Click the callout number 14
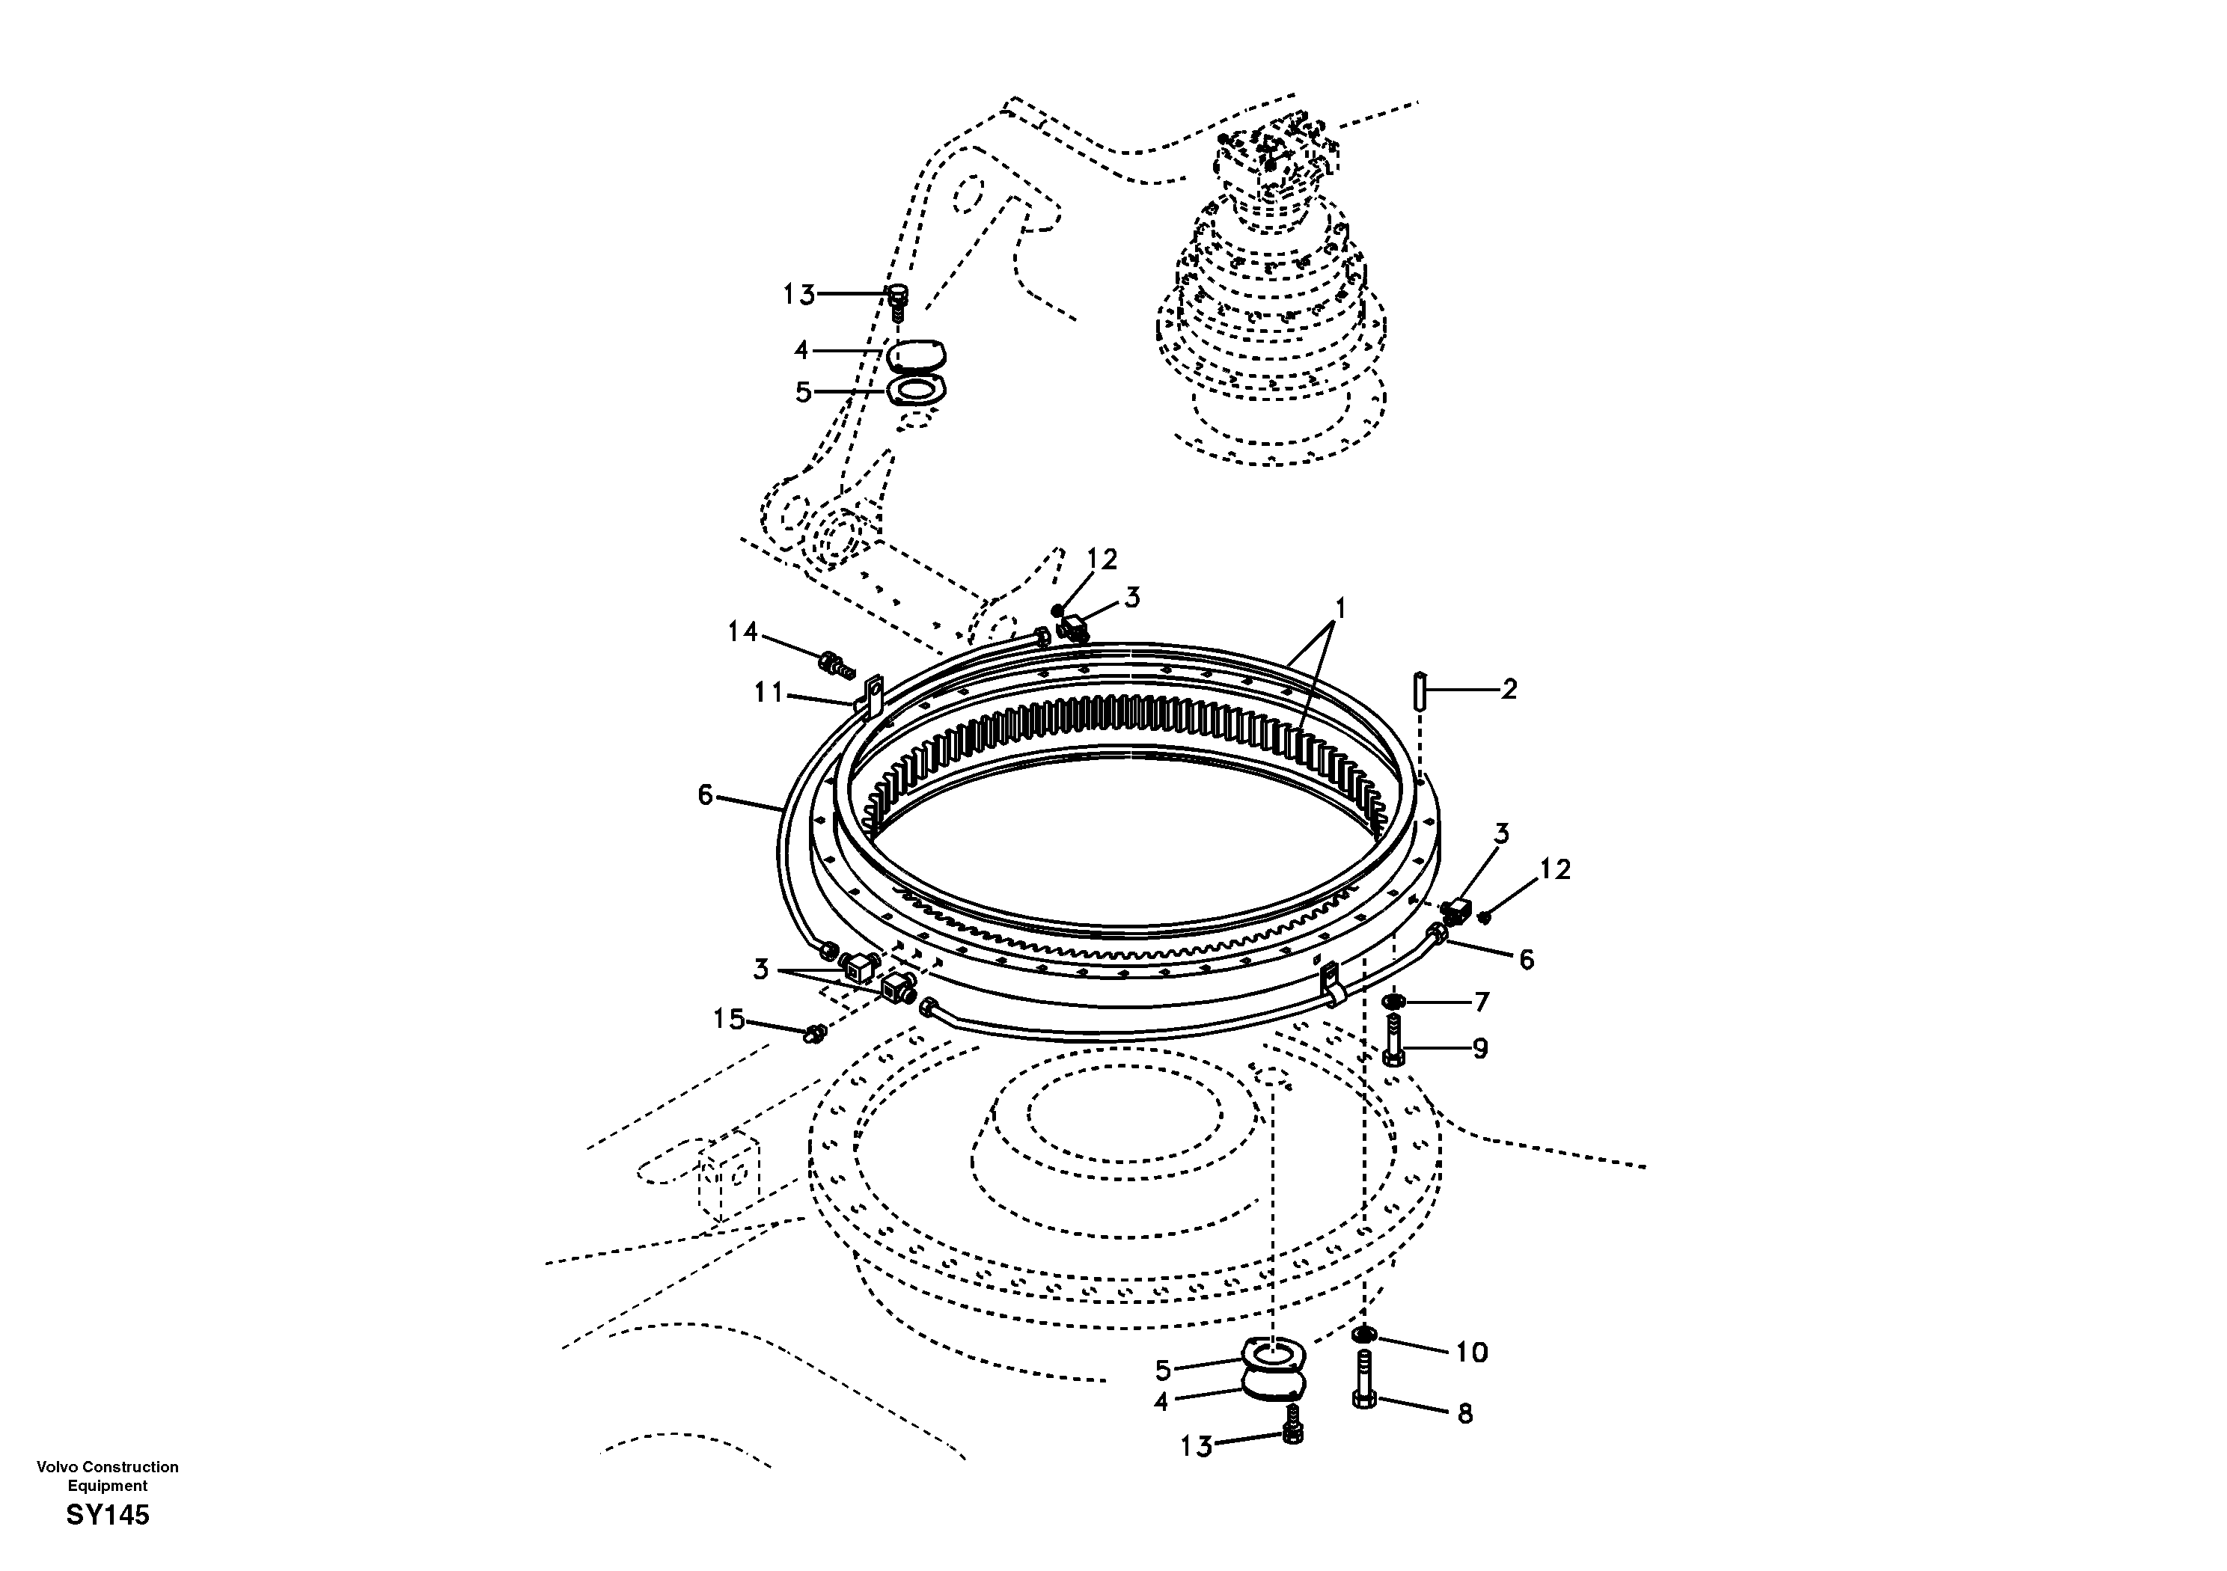click(x=742, y=632)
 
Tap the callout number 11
click(x=769, y=693)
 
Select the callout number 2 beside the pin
click(x=1509, y=690)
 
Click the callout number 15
click(x=728, y=1019)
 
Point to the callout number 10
click(x=1471, y=1352)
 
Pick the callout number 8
click(x=1464, y=1414)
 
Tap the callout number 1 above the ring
click(x=1340, y=609)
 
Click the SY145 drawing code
click(x=108, y=1515)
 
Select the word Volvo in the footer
click(x=56, y=1467)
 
